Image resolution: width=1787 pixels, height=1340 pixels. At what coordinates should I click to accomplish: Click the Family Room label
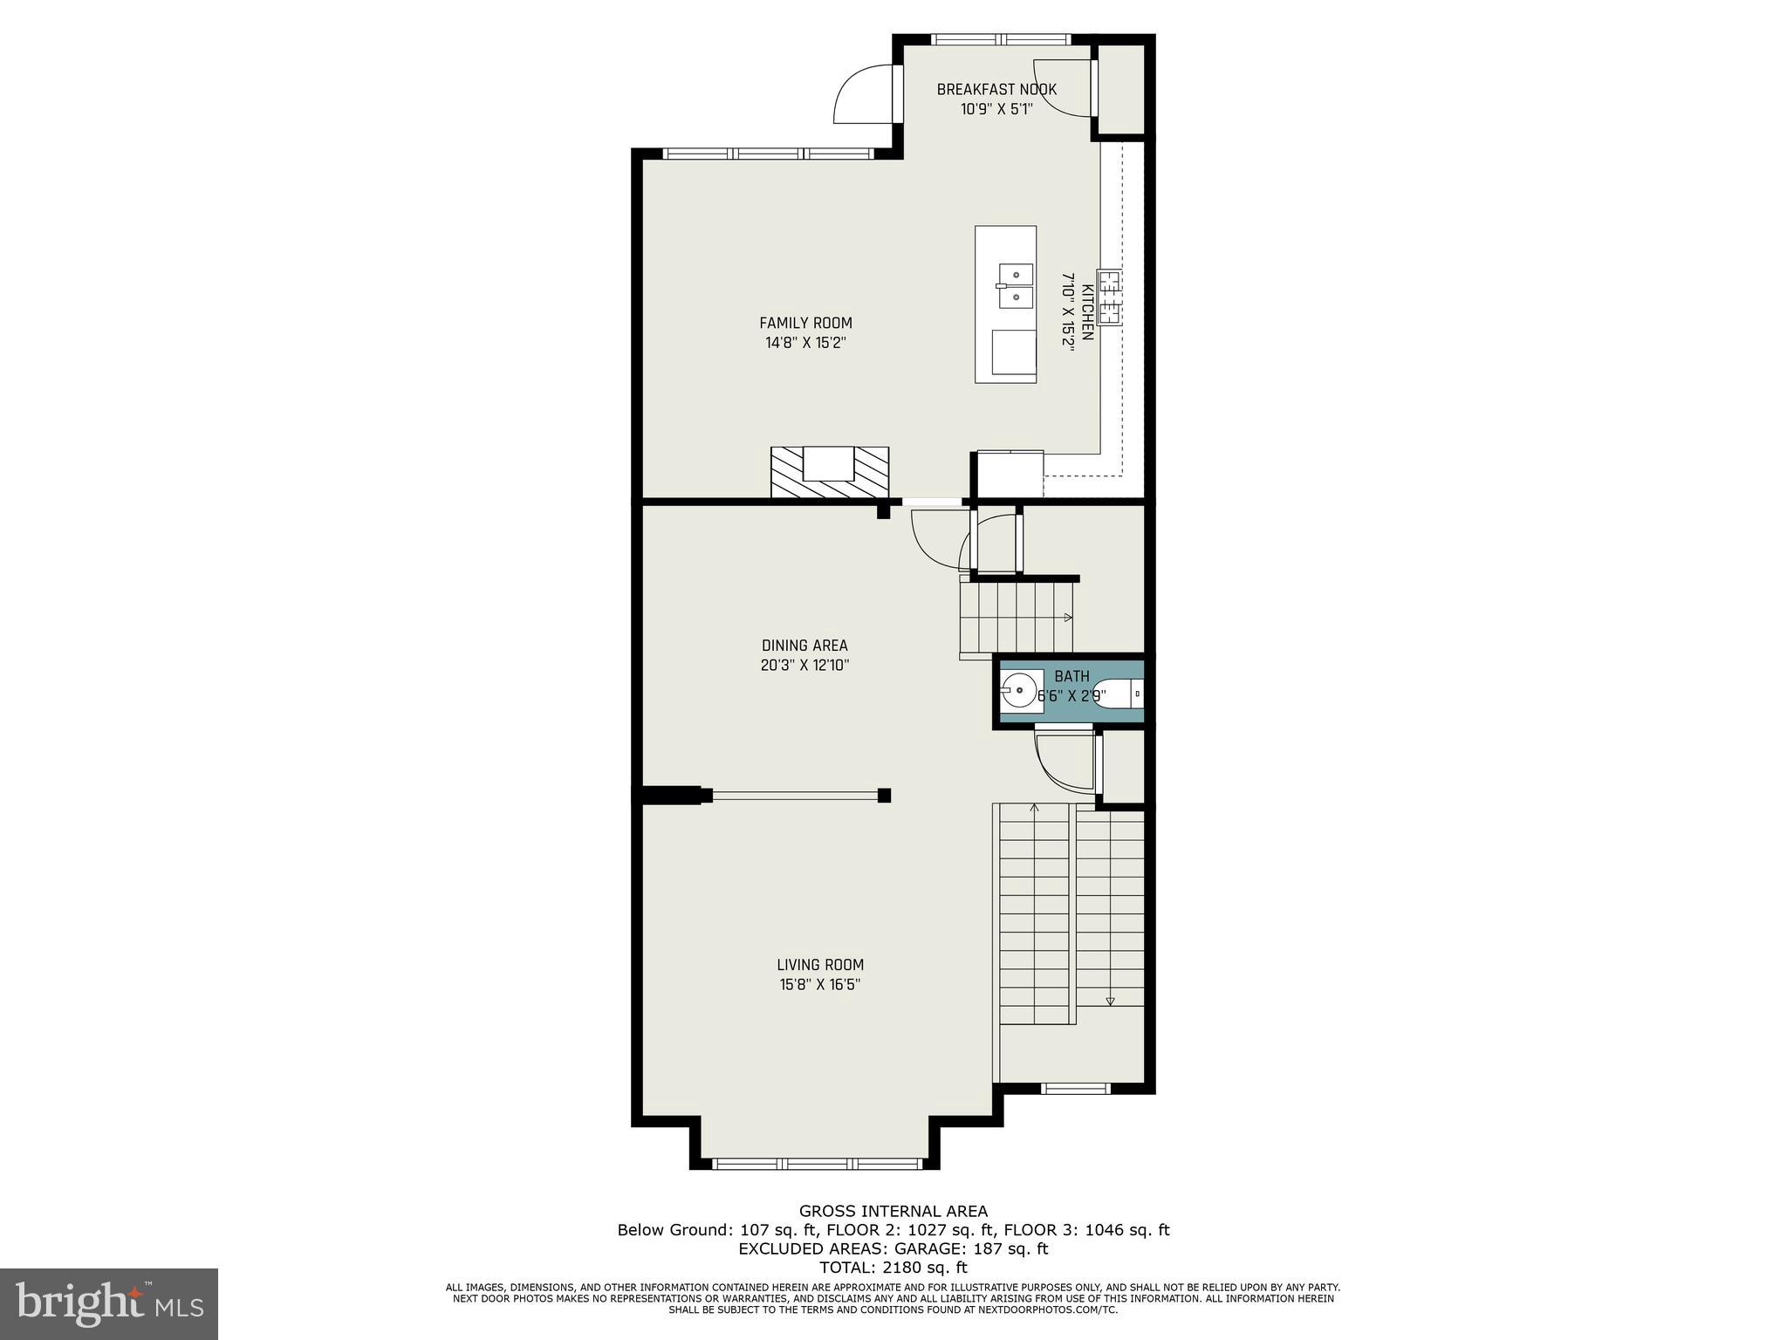point(804,323)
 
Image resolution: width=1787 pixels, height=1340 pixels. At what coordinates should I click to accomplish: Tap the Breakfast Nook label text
point(996,89)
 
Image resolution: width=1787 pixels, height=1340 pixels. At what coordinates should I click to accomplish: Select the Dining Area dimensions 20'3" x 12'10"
point(804,666)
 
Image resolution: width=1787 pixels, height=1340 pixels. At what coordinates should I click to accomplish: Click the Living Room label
point(819,965)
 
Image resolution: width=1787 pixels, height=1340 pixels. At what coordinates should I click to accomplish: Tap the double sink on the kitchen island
point(1015,286)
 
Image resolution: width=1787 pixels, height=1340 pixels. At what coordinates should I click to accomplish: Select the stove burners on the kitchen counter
point(1109,297)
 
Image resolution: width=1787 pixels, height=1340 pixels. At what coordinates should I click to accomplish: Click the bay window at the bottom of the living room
point(818,1163)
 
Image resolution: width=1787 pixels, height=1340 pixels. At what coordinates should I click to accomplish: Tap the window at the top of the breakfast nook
point(1001,39)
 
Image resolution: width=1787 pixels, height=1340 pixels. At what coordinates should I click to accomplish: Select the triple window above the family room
point(768,154)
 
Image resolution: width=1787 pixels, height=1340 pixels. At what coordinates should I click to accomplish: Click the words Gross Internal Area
point(893,1211)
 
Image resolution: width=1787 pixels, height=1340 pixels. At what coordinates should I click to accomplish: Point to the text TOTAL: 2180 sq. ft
point(893,1268)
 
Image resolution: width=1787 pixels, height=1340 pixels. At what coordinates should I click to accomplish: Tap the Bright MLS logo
point(109,1303)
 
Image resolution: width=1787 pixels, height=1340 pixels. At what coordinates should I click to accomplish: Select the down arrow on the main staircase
point(1110,1001)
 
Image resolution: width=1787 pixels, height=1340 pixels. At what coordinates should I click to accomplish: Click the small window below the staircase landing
point(1076,1088)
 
